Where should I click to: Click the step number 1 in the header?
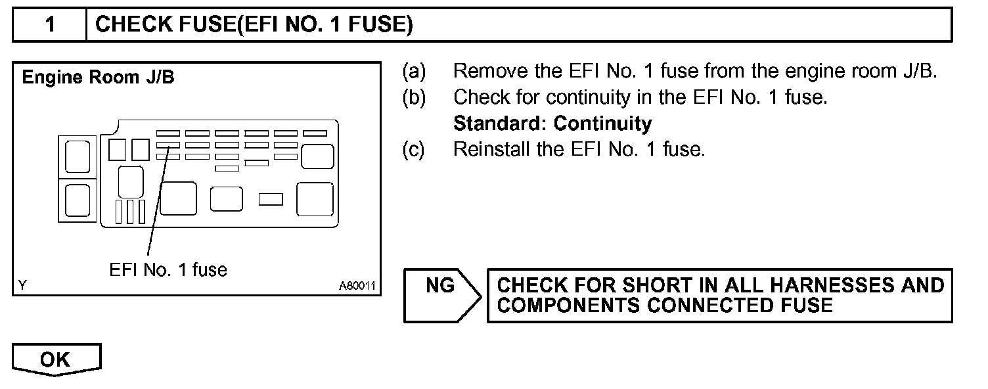click(50, 25)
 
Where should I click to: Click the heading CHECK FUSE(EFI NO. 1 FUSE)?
click(254, 25)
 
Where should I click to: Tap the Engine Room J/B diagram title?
click(99, 78)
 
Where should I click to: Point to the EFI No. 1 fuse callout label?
click(168, 269)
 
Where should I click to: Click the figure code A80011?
click(357, 286)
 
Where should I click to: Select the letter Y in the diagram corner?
click(23, 285)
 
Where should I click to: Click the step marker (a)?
click(414, 71)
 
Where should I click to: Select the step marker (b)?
click(414, 97)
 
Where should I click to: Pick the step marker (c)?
click(414, 149)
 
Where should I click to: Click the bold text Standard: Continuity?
click(552, 123)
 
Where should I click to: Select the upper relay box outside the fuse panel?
click(78, 156)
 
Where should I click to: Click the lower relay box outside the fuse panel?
click(78, 200)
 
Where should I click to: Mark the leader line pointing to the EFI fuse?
click(158, 204)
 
